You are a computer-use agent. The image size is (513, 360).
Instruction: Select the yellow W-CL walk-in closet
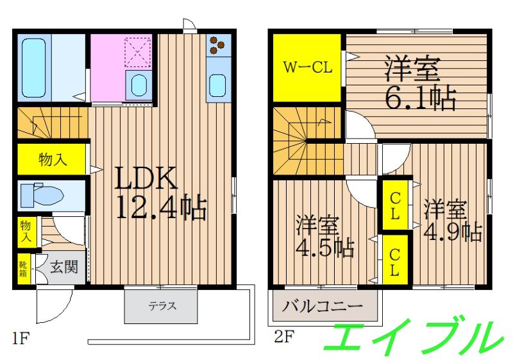tap(307, 67)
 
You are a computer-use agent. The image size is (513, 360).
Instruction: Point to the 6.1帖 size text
tap(420, 98)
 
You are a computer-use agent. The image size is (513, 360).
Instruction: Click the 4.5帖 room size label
tap(324, 247)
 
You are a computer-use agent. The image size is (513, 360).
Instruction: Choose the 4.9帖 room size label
tap(452, 231)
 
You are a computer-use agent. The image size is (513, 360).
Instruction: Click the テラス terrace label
tap(162, 306)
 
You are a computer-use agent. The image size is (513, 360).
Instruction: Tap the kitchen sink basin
tap(218, 84)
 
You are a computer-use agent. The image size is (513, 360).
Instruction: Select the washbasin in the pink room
tap(138, 85)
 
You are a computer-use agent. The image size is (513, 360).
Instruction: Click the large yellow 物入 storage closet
tap(52, 159)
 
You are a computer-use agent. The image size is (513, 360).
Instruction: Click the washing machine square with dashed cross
tap(137, 52)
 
